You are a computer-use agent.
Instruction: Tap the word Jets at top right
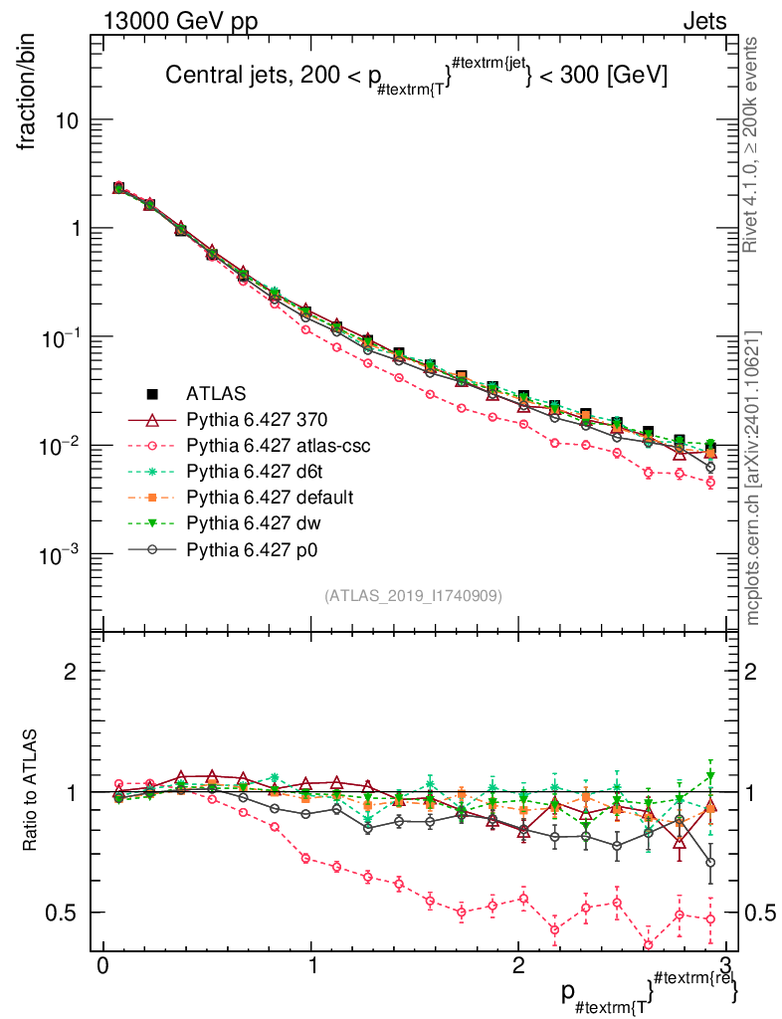click(703, 22)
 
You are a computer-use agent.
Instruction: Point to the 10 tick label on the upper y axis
click(68, 120)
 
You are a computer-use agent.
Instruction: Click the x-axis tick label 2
click(518, 966)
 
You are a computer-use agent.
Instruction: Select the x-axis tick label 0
click(102, 966)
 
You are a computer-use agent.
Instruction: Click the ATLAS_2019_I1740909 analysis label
click(413, 596)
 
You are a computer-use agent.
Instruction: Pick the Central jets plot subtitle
click(416, 77)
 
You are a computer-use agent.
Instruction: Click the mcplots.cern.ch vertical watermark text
click(753, 478)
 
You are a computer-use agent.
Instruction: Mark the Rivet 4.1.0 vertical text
click(753, 144)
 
